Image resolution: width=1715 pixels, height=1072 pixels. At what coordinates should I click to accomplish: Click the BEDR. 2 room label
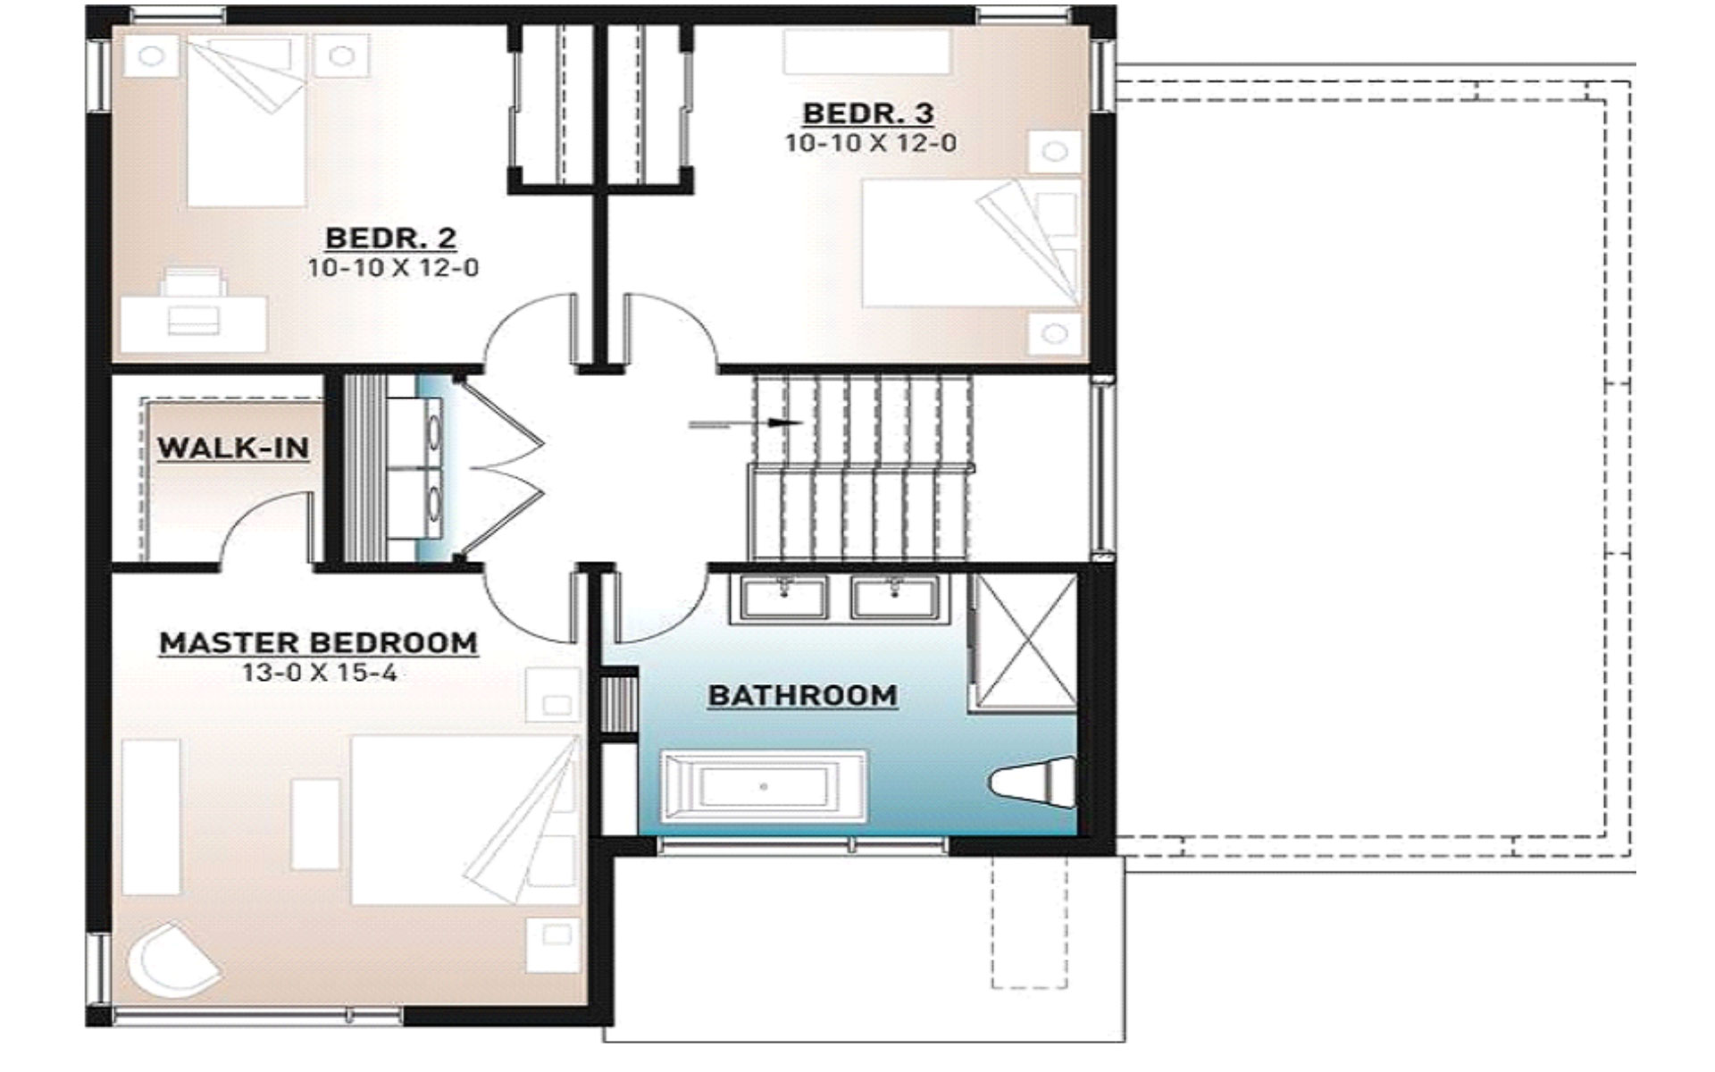tap(391, 238)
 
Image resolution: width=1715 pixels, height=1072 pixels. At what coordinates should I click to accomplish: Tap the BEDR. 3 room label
tap(868, 113)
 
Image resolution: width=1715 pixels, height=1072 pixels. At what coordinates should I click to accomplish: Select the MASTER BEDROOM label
tap(318, 642)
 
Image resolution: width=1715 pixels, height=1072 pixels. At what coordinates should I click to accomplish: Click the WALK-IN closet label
tap(233, 447)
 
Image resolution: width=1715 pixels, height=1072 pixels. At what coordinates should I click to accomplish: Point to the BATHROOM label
tap(802, 695)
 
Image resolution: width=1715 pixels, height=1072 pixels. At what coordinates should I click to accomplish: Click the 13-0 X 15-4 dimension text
tap(319, 673)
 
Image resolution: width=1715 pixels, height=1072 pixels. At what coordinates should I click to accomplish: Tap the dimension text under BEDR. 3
tap(870, 143)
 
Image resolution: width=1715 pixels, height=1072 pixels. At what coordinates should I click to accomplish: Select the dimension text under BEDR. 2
tap(393, 267)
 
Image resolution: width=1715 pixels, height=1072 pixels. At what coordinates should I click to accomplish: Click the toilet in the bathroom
tap(1033, 783)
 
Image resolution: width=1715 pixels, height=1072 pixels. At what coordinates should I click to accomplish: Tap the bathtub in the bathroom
tap(763, 786)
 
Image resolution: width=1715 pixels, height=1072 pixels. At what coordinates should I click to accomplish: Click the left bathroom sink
tap(785, 597)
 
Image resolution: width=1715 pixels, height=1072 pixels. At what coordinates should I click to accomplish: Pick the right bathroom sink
tap(894, 597)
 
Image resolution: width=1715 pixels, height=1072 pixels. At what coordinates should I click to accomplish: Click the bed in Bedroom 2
tap(247, 125)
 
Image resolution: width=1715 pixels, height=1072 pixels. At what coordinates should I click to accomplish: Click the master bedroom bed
tap(464, 820)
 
